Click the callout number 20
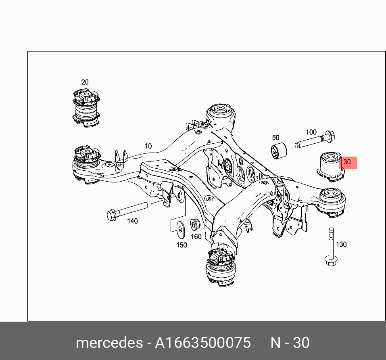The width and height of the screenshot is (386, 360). (85, 82)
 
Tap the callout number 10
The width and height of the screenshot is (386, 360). (148, 146)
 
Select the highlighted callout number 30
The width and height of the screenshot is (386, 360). (347, 162)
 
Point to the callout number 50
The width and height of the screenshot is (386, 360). (276, 137)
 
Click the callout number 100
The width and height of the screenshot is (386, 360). (311, 132)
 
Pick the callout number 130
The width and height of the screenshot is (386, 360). (341, 244)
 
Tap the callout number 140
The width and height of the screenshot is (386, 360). (132, 221)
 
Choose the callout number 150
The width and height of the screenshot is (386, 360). (182, 245)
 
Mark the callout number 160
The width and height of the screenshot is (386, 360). (196, 237)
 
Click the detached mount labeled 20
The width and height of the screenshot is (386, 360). (86, 108)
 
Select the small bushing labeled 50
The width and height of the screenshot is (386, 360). (279, 151)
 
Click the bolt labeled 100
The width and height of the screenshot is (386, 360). (315, 140)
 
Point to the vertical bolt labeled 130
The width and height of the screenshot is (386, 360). (331, 247)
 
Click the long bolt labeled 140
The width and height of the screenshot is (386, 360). (127, 211)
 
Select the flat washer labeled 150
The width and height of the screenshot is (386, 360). (181, 230)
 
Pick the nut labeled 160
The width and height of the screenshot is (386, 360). (196, 224)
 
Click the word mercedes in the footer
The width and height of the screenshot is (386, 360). (109, 343)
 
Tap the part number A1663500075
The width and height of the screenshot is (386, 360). (202, 343)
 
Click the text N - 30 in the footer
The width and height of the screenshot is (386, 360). (290, 343)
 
